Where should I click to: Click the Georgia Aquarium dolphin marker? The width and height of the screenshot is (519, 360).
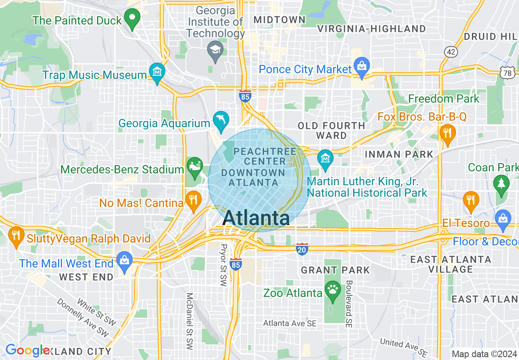tap(221, 121)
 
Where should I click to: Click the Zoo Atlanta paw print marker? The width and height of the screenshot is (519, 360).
tap(332, 290)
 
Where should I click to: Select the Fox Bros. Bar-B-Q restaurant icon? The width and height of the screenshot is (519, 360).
tap(447, 133)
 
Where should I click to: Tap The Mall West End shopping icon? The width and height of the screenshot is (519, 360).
tap(124, 261)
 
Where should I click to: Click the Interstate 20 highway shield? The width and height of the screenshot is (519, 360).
tap(302, 249)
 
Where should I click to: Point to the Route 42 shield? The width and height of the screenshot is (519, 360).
tap(451, 51)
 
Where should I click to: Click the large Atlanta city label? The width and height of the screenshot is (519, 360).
tap(257, 218)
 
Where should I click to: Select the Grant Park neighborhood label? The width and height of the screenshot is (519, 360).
tap(335, 270)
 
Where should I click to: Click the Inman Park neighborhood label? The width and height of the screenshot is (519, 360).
tap(398, 154)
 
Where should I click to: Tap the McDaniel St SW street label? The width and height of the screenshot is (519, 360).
tap(189, 321)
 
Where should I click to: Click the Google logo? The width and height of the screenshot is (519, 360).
tap(27, 350)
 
